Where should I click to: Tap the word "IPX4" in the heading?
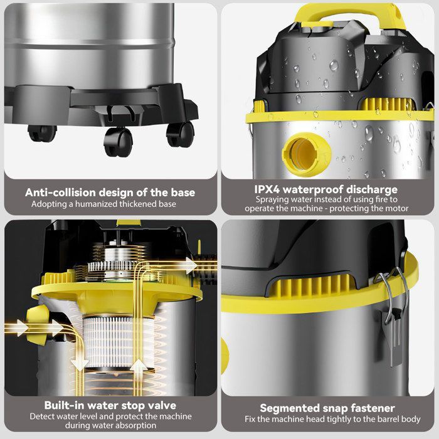coord(267,189)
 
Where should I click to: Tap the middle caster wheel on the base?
coord(118,142)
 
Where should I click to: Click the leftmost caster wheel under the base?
coord(42,133)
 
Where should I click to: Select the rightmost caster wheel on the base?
coord(180,135)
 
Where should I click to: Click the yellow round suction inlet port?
coord(307,154)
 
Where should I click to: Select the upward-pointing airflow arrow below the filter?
coord(139,368)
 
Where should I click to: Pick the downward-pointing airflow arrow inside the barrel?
coord(80,363)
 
